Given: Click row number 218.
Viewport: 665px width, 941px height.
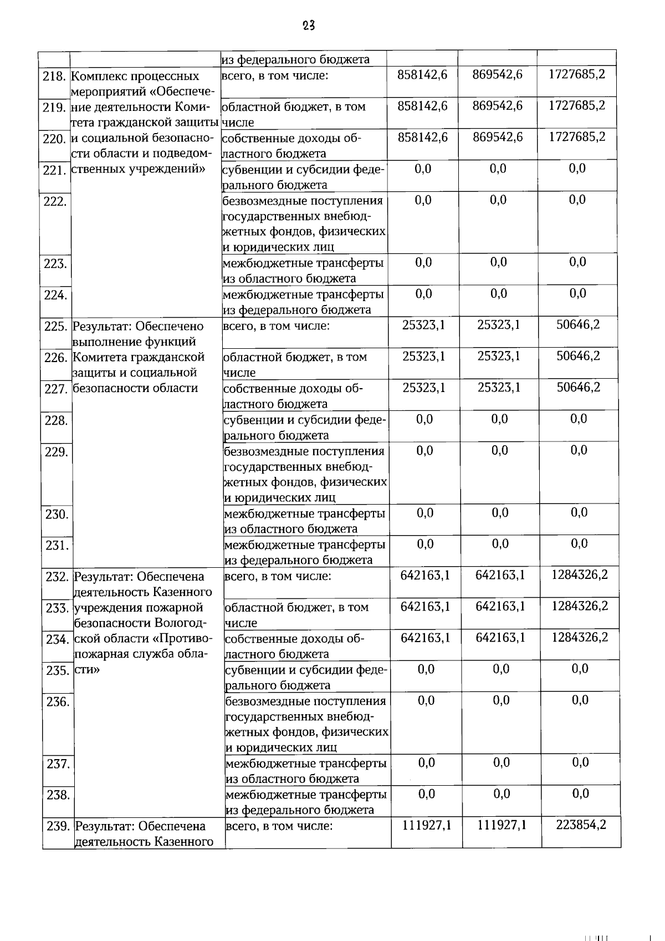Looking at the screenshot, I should pyautogui.click(x=54, y=76).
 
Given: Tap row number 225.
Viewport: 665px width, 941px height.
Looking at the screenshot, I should pyautogui.click(x=55, y=327).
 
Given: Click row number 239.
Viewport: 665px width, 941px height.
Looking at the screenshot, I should pyautogui.click(x=58, y=827).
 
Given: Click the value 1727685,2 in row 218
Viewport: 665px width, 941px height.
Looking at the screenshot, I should pyautogui.click(x=577, y=74).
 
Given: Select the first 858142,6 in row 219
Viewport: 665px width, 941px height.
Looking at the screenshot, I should pyautogui.click(x=422, y=106).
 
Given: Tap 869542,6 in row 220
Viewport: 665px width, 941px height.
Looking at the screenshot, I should pyautogui.click(x=498, y=137).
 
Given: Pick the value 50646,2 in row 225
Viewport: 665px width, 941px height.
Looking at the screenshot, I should pyautogui.click(x=578, y=325).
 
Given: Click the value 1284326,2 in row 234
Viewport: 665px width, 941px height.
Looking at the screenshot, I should pyautogui.click(x=580, y=638).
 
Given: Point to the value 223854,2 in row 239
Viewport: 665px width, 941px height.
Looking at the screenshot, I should pyautogui.click(x=581, y=825).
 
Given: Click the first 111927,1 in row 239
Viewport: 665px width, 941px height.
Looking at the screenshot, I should pyautogui.click(x=427, y=826).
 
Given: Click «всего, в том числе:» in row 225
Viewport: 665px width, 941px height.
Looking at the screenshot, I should pyautogui.click(x=276, y=326).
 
